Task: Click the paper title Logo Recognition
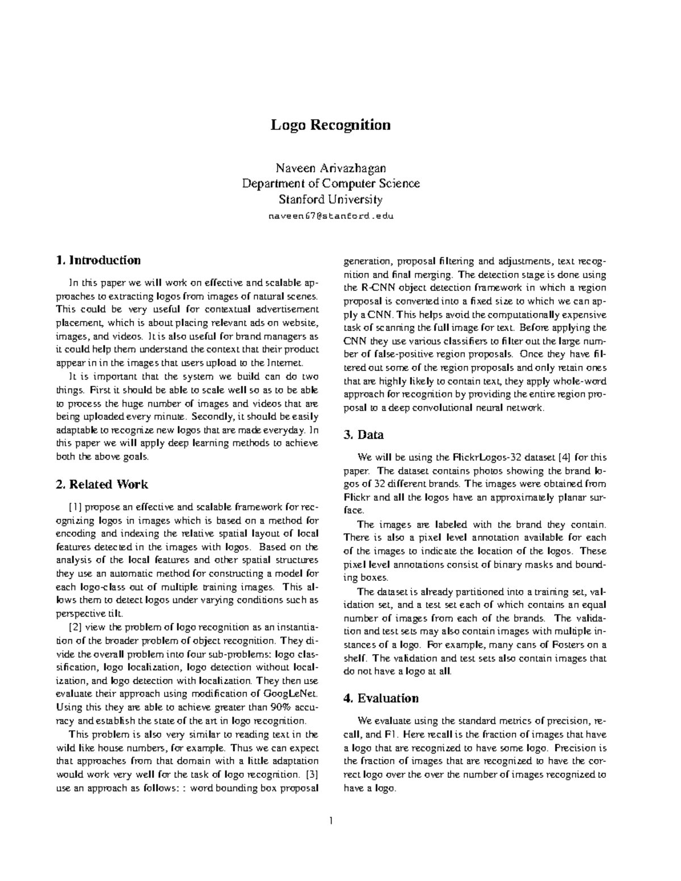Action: (330, 125)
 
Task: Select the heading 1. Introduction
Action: (98, 260)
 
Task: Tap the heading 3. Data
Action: (363, 435)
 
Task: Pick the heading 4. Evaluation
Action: (381, 698)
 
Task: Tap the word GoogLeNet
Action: (287, 694)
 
